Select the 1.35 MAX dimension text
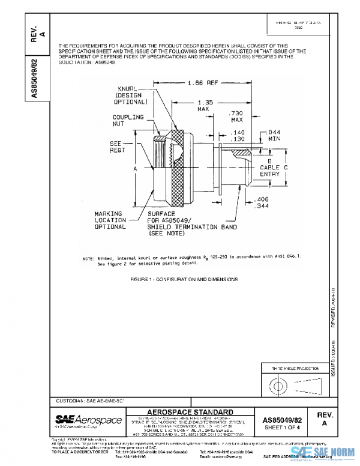tap(203, 106)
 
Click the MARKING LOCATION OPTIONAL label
tap(110, 220)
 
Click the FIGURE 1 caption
tap(184, 279)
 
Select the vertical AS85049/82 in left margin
tap(35, 77)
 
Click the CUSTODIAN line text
tap(84, 399)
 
